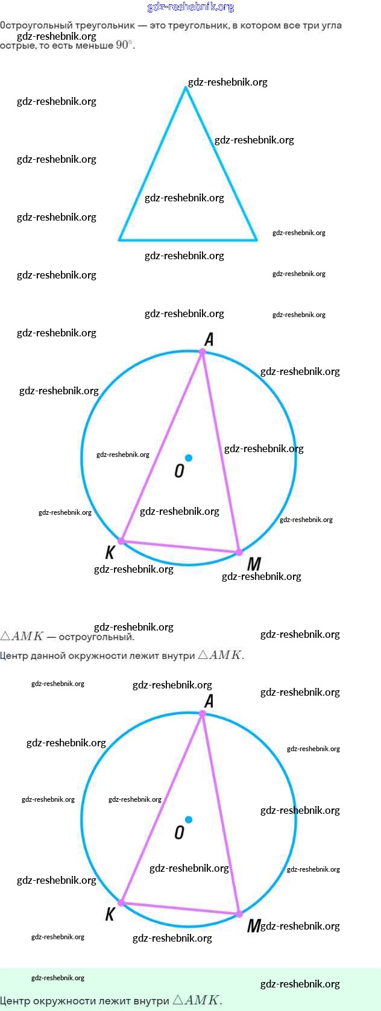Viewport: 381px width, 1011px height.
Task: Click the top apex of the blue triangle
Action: click(186, 88)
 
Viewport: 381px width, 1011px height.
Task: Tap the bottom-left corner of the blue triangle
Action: click(119, 239)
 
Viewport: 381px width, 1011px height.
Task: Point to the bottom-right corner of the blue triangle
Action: click(257, 239)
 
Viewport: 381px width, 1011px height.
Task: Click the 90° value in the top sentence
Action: click(123, 45)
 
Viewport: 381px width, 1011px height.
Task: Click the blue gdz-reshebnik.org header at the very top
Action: click(190, 7)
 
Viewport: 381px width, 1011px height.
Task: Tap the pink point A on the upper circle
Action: click(203, 352)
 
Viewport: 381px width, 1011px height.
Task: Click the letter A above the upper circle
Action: click(209, 339)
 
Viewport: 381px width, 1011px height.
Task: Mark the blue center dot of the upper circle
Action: click(189, 458)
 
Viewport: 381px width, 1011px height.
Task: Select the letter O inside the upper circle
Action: click(179, 471)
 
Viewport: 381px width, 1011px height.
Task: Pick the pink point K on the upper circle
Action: click(121, 541)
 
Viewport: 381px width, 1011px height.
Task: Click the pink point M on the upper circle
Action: click(239, 552)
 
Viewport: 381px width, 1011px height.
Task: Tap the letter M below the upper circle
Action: click(254, 564)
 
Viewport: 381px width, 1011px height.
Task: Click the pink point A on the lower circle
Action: click(203, 714)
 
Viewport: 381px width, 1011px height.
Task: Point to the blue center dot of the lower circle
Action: click(189, 820)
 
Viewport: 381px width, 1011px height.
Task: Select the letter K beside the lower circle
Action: click(110, 915)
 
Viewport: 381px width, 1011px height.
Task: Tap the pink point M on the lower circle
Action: click(239, 914)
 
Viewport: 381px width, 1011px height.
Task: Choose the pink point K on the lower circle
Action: click(121, 903)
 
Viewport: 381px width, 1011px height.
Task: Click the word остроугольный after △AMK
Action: click(96, 637)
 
